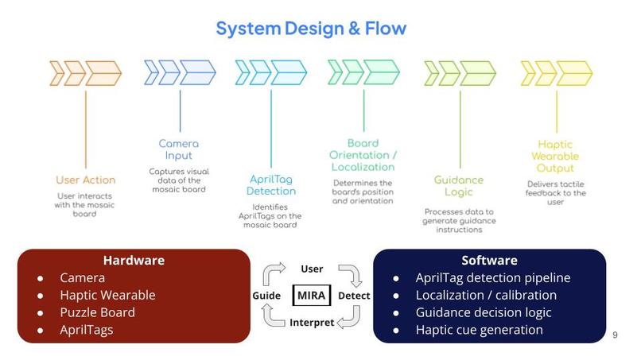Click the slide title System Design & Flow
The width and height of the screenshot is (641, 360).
point(311,29)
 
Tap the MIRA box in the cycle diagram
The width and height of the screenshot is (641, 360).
point(312,295)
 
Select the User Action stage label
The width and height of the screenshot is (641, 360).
point(85,180)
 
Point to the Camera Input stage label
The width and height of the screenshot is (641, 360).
point(179,149)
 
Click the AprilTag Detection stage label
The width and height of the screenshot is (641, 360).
point(270,185)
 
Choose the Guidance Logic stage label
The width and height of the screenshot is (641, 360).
point(459,186)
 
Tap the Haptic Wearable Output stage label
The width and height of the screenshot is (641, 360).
point(555,156)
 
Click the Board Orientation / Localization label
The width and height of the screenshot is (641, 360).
point(363,155)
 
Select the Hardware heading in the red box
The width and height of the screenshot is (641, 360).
point(134,261)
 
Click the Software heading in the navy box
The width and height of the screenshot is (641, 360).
point(489,261)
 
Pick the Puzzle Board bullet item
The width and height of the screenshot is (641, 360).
point(97,312)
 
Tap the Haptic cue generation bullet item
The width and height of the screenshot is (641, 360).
point(479,330)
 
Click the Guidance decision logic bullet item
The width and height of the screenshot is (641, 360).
point(484,312)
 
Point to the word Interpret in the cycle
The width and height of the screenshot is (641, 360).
point(312,323)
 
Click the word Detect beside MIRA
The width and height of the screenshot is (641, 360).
point(354,296)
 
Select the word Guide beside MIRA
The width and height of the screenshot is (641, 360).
point(266,296)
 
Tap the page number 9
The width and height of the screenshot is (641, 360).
point(615,335)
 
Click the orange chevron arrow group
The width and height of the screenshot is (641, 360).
point(85,73)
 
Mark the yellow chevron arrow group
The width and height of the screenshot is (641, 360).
point(557,73)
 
